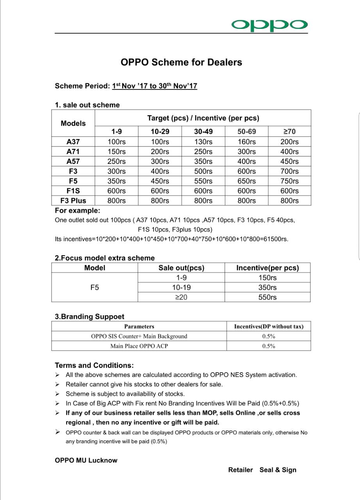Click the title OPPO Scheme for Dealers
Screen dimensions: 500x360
(181, 62)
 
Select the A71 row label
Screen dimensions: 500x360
(73, 152)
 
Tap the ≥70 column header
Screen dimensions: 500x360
(289, 132)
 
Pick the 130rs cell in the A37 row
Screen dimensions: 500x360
(203, 142)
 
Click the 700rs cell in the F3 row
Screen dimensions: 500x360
(289, 171)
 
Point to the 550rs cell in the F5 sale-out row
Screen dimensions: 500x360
(203, 181)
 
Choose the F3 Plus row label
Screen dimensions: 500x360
(73, 200)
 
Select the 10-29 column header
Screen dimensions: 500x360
(160, 132)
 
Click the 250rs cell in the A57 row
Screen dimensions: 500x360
(117, 161)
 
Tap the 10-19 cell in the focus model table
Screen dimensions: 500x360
(181, 287)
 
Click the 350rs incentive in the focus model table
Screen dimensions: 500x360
(267, 287)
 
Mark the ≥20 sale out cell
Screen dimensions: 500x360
(181, 297)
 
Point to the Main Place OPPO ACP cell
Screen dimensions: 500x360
(139, 346)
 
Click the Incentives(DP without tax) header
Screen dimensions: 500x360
(269, 327)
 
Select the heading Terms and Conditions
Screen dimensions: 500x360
(94, 366)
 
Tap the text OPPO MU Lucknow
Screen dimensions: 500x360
(86, 460)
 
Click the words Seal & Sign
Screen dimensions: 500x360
(278, 470)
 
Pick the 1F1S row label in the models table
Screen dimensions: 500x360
(73, 191)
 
